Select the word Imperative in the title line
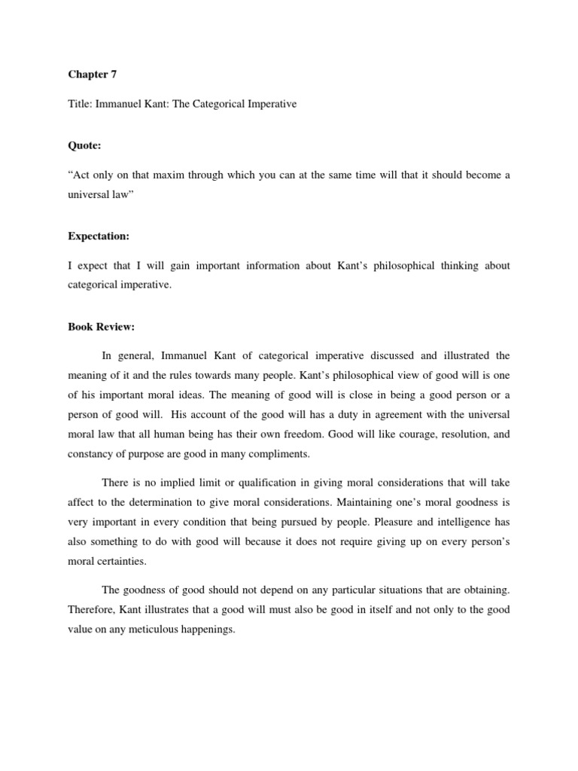point(269,104)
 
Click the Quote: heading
point(85,148)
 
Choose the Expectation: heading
point(99,236)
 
